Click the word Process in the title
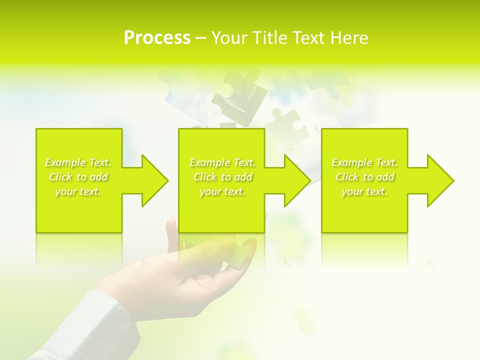coord(157,38)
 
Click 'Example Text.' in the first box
coord(78,162)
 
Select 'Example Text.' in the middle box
coord(222,162)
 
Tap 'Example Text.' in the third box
coord(364,162)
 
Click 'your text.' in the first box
coord(78,191)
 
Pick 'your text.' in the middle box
coord(222,191)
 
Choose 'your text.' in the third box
coord(364,191)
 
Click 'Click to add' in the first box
coord(78,177)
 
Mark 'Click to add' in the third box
coord(364,177)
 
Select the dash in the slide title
coord(201,38)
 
